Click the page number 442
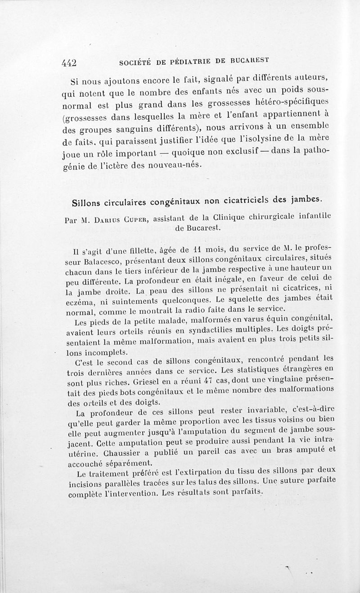click(x=70, y=63)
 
